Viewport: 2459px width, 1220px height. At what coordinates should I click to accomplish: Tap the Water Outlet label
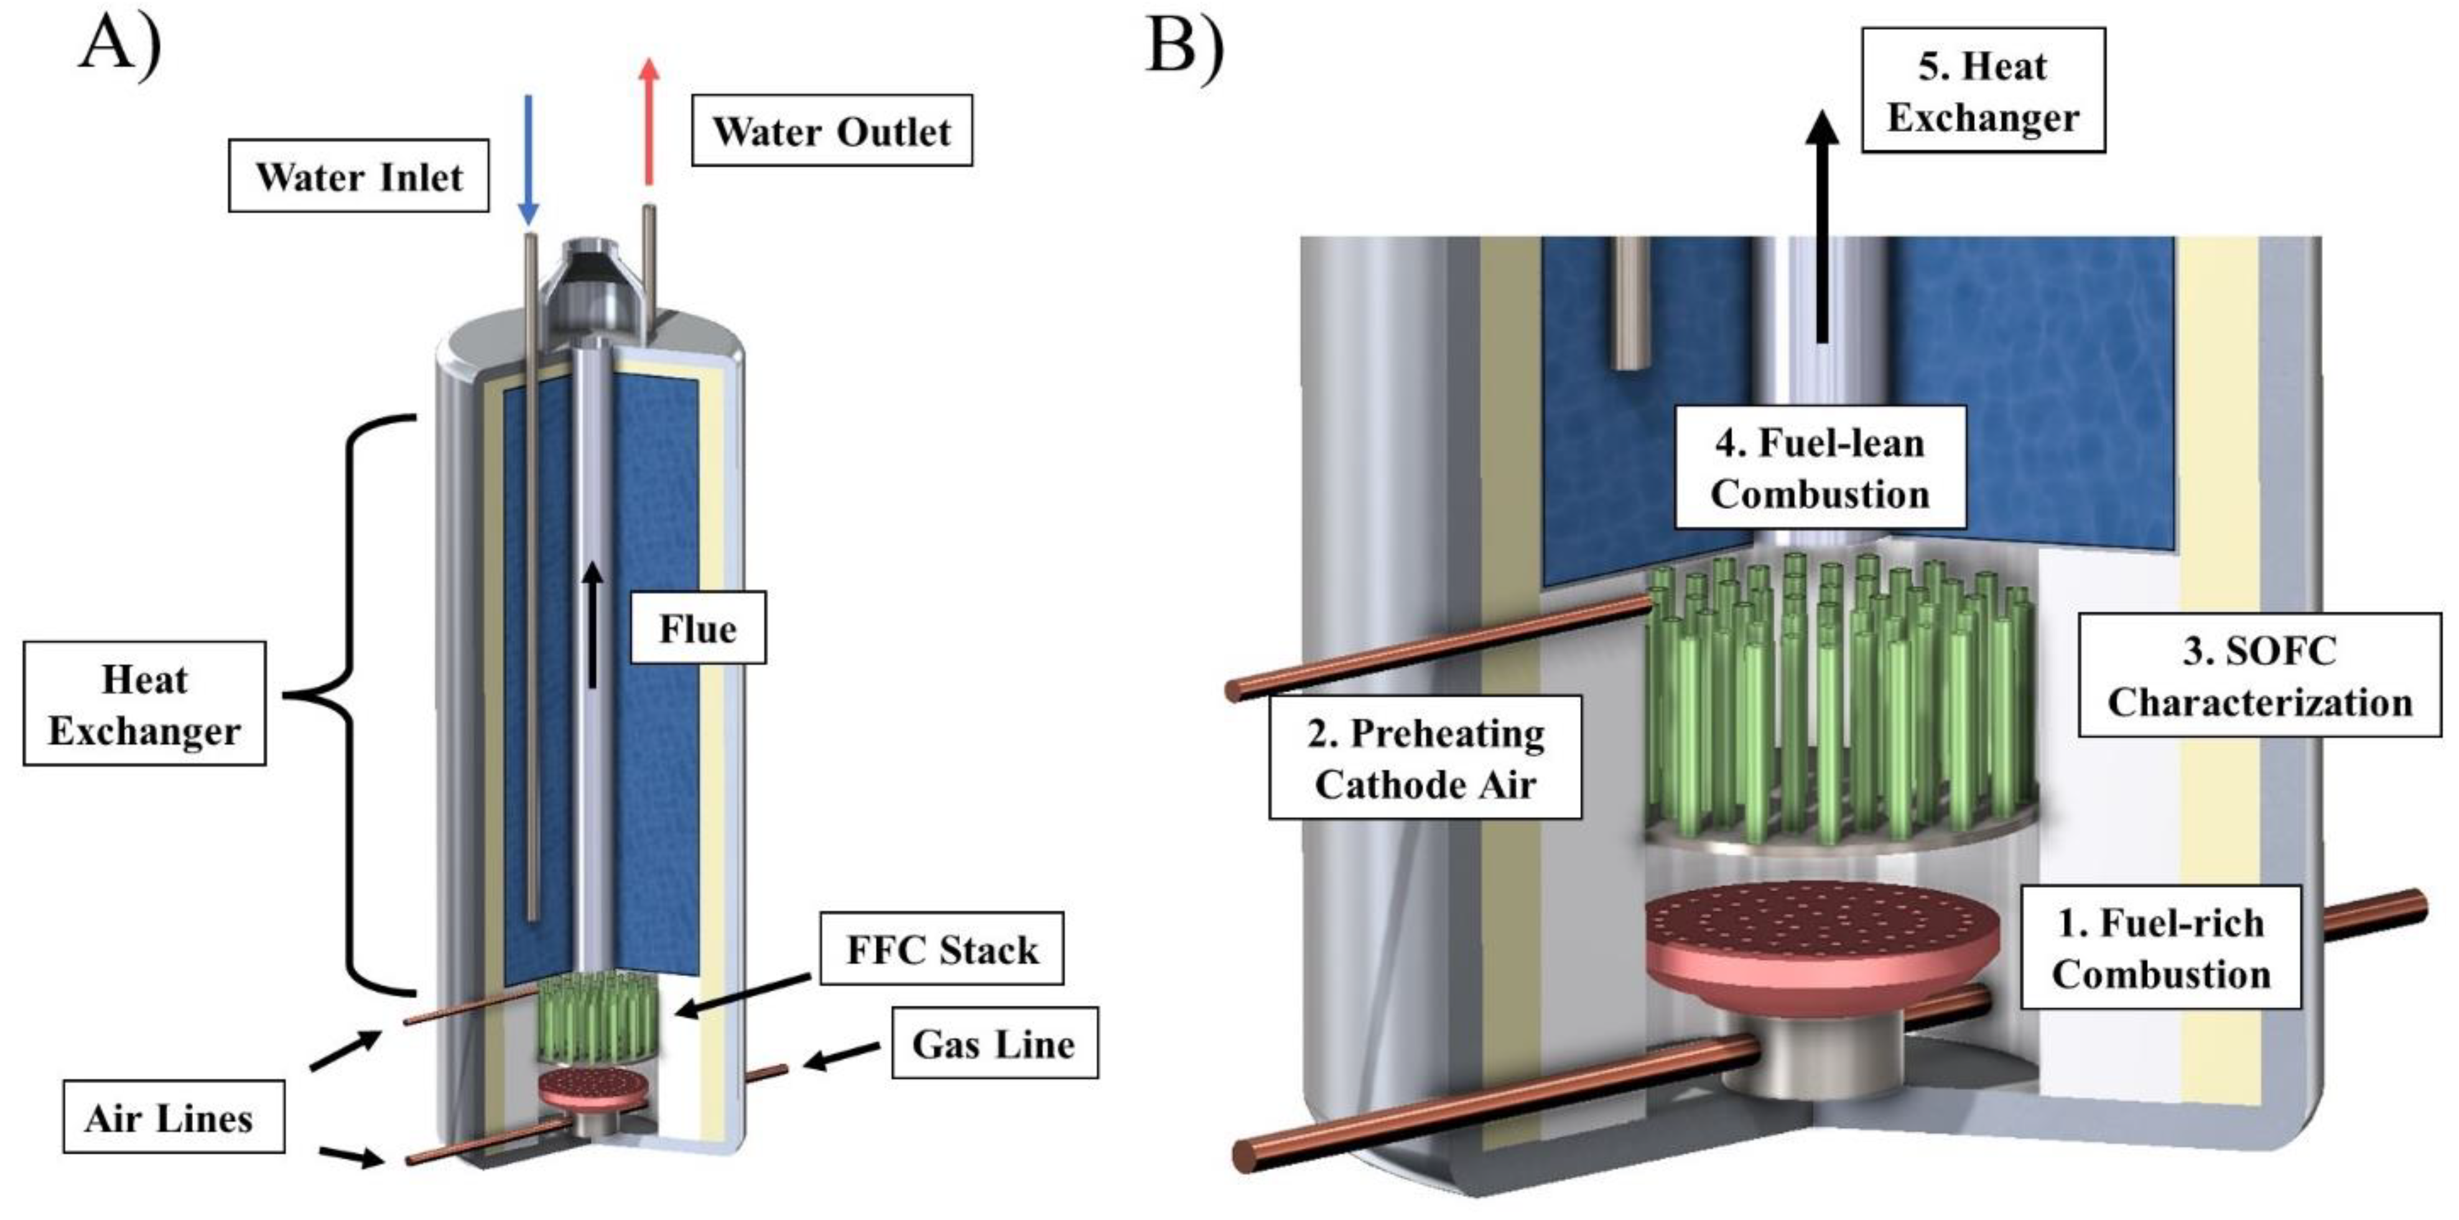[832, 131]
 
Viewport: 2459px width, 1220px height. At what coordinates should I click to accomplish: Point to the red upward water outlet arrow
[649, 121]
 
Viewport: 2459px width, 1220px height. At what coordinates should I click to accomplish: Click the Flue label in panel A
[698, 628]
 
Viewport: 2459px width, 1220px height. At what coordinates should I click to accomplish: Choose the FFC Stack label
[941, 948]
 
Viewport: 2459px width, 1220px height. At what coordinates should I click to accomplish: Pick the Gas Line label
[995, 1043]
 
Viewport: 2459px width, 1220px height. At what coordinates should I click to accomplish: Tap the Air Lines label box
[173, 1117]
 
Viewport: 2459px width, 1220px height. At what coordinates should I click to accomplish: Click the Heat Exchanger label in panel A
[144, 704]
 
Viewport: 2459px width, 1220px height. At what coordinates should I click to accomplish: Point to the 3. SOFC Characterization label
[2259, 675]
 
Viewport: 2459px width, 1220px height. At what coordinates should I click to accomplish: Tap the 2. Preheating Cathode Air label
[1425, 757]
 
